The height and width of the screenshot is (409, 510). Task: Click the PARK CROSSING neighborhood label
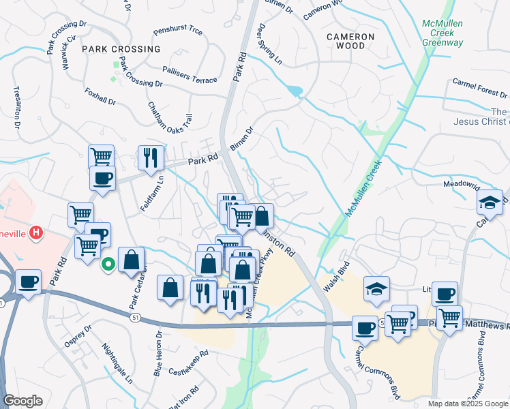point(121,49)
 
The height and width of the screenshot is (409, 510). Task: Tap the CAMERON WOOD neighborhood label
point(350,41)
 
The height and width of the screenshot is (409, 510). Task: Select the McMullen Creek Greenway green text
point(442,33)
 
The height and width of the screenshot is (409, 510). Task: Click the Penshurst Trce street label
point(178,31)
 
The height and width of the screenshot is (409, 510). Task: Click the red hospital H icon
point(37,234)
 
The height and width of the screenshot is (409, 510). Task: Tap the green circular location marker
point(107,263)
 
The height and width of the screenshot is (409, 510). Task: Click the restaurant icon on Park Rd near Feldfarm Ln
point(150,157)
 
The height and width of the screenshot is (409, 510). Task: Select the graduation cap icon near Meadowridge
point(489,201)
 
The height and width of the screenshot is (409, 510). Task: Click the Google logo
point(24,401)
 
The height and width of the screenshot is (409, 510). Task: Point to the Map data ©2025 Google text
point(468,404)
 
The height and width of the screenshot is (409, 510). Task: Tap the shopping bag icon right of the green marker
point(131,259)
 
